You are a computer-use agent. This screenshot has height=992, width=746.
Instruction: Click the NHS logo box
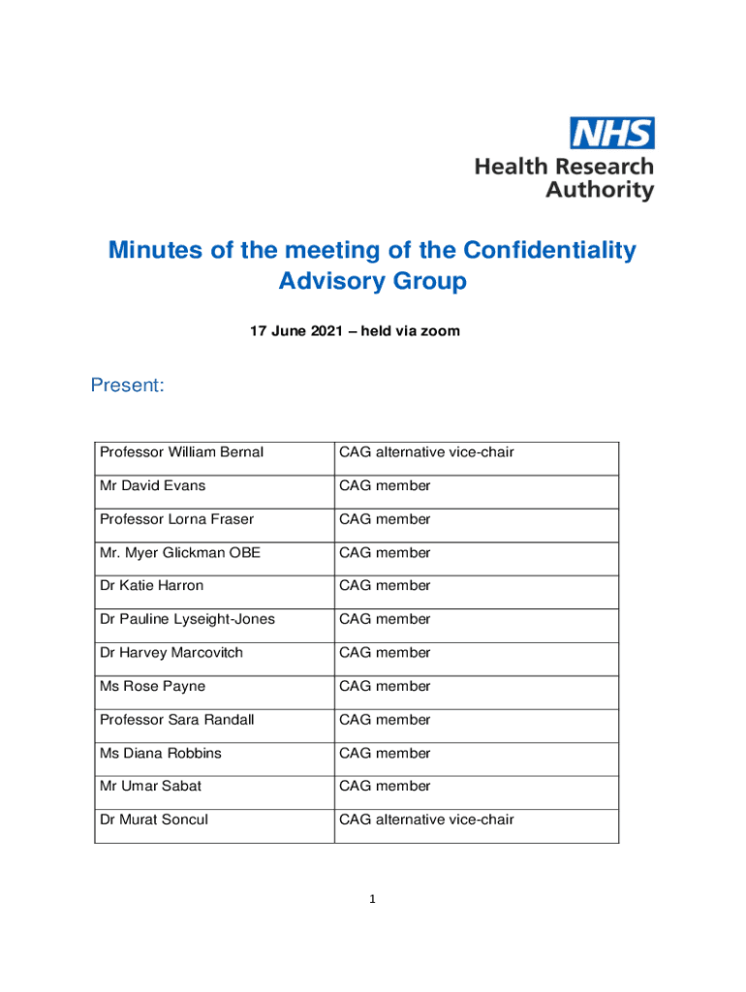tap(611, 133)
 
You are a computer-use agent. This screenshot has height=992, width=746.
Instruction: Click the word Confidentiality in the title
tap(549, 250)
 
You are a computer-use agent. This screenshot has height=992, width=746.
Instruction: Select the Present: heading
tap(127, 387)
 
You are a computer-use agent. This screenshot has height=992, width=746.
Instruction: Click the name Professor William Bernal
tap(181, 452)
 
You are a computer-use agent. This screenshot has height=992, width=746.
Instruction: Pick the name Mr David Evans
tap(152, 485)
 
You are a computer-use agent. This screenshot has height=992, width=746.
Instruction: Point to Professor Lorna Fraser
tap(176, 519)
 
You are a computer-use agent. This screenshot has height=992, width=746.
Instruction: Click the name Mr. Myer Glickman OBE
tap(179, 553)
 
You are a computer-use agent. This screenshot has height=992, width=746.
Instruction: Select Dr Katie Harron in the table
tap(151, 586)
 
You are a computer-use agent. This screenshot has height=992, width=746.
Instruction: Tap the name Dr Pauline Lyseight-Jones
tap(187, 619)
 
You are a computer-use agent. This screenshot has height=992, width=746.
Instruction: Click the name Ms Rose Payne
tap(152, 687)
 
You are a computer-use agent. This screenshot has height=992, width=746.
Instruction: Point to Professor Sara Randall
tap(178, 720)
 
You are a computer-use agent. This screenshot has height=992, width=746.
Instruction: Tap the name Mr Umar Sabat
tap(150, 787)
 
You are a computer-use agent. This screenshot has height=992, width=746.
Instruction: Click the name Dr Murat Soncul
tap(153, 820)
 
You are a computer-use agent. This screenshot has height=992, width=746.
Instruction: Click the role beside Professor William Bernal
tap(426, 452)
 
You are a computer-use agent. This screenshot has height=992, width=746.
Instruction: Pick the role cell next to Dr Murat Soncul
tap(426, 820)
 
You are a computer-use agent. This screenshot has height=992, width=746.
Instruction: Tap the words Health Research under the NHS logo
tap(564, 167)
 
